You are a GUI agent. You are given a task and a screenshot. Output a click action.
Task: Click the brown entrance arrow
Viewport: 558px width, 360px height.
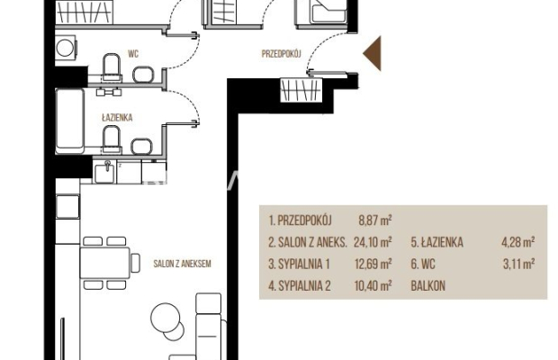tap(374, 53)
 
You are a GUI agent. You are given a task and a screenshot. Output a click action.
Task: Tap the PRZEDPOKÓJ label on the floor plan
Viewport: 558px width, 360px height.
tap(281, 54)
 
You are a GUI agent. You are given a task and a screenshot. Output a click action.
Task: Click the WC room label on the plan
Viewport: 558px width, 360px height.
tap(133, 54)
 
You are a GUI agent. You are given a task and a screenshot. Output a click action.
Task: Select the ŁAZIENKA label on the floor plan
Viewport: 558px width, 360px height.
tap(117, 117)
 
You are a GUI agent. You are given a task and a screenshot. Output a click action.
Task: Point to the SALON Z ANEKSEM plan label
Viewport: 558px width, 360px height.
tap(182, 264)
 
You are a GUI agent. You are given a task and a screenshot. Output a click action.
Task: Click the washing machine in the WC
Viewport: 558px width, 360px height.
tap(66, 48)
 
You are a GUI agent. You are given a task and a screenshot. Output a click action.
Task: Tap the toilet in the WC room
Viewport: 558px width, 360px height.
tap(112, 67)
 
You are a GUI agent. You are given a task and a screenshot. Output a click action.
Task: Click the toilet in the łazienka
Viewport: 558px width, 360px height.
tap(112, 139)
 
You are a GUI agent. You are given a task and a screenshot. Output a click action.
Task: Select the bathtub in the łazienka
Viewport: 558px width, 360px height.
tap(70, 121)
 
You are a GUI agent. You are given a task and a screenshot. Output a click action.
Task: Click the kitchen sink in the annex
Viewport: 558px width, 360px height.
tap(104, 171)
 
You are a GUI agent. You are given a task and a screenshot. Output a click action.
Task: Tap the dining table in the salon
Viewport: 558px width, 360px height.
tap(105, 263)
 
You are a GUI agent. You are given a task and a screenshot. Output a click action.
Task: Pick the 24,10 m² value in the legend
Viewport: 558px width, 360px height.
tap(373, 242)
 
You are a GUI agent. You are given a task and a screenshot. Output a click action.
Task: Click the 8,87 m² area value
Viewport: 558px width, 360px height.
tap(375, 220)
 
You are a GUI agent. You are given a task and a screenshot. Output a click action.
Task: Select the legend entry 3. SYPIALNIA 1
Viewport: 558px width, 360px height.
tap(299, 264)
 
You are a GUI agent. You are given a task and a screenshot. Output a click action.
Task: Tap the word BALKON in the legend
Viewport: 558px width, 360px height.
tap(427, 285)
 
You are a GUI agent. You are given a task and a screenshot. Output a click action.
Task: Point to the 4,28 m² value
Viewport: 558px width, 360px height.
tap(517, 242)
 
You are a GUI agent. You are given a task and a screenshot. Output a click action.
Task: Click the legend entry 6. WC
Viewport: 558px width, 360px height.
tap(423, 264)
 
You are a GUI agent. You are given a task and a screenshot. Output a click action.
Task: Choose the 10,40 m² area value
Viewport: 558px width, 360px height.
tap(373, 285)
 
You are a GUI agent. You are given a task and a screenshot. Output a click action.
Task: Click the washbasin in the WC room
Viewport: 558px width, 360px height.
tap(143, 74)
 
